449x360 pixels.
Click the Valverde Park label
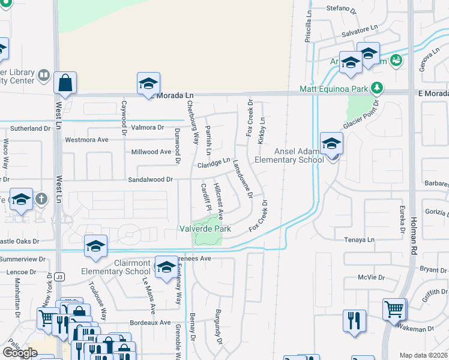(205, 229)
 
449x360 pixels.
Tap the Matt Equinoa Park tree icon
(377, 89)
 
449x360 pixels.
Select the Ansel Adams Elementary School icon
(331, 143)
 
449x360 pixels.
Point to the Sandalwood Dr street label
(150, 179)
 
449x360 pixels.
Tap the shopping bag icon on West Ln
(65, 83)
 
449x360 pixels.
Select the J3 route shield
(59, 277)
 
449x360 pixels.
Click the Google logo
(20, 353)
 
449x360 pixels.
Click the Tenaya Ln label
(360, 239)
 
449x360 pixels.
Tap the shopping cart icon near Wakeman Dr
(394, 310)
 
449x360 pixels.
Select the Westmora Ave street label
(86, 140)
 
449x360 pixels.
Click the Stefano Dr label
(341, 9)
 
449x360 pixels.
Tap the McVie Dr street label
(371, 277)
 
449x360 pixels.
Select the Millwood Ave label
(151, 152)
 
